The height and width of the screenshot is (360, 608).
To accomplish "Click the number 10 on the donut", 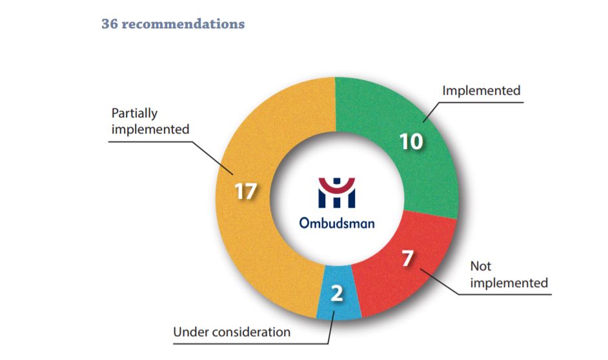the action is [x=411, y=141].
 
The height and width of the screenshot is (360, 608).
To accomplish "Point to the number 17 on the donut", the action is [x=245, y=192].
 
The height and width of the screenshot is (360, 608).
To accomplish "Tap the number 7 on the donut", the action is [x=407, y=259].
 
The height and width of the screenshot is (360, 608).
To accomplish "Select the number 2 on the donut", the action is [x=336, y=294].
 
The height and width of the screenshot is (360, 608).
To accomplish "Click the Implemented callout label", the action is [x=481, y=90].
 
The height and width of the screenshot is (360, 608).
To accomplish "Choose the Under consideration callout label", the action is [x=232, y=332].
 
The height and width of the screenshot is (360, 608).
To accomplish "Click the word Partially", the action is [x=134, y=114].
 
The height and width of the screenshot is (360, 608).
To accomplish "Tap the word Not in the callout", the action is [x=480, y=266].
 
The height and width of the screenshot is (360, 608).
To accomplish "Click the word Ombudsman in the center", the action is [x=336, y=223].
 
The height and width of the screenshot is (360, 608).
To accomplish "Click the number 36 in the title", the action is [x=109, y=24].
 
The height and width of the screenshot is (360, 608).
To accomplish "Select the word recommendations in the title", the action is [x=183, y=24].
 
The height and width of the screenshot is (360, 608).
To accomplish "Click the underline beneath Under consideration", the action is [x=250, y=344].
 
